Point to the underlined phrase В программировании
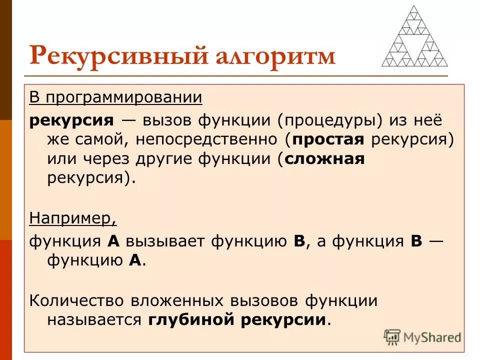pos(115,97)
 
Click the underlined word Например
pos(73,218)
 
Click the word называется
pos(94,320)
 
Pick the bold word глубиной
pos(191,320)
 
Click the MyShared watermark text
pos(432,337)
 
